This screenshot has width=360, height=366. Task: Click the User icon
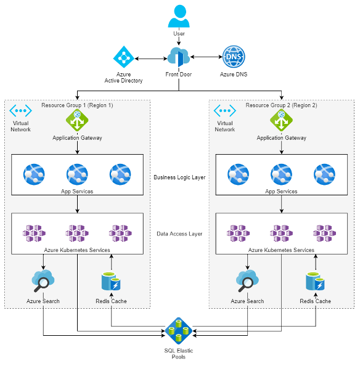point(179,16)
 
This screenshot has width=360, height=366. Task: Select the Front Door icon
point(179,57)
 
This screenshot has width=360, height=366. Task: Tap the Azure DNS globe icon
point(234,57)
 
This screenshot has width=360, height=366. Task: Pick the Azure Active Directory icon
point(123,57)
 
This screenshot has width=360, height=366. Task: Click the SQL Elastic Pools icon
point(179,331)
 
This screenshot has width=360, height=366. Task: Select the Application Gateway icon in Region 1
point(77,120)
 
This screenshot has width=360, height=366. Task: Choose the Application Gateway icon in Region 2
point(281,120)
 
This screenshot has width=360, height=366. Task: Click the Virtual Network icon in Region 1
point(20,111)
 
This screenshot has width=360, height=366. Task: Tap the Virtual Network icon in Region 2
point(225,111)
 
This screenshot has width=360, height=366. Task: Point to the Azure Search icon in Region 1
point(43,281)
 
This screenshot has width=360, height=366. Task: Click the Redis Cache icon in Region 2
point(315,281)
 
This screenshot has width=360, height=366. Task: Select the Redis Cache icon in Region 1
point(111,281)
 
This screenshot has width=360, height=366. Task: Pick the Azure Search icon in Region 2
point(247,281)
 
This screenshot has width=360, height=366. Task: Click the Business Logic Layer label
point(179,177)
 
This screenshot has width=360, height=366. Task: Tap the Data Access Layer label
point(179,234)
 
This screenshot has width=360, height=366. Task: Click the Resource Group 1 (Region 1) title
point(77,105)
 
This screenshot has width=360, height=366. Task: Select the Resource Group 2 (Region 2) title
point(281,105)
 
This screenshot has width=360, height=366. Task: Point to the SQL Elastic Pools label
point(179,354)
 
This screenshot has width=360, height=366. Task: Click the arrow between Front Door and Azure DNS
point(207,57)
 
